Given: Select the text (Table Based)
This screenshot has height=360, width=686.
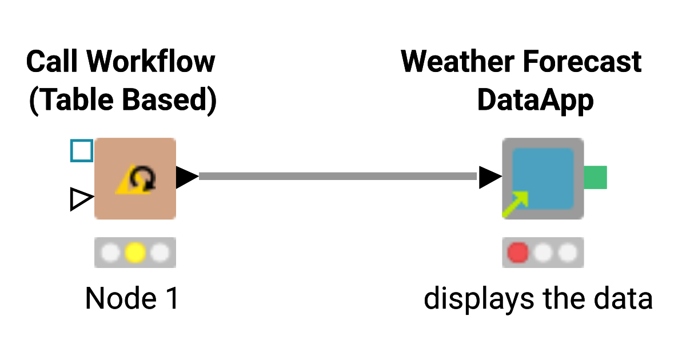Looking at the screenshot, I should tap(122, 101).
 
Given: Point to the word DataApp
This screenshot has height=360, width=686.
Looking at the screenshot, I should tap(535, 101).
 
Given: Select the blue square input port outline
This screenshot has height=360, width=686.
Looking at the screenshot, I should tap(82, 151).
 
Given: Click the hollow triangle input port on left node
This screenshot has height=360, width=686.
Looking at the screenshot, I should tap(81, 199).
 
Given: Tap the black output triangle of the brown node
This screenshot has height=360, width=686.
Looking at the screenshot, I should tap(186, 177).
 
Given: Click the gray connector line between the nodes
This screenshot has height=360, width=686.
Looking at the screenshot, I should tap(337, 177).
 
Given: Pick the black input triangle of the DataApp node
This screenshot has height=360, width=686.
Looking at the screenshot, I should tap(489, 177).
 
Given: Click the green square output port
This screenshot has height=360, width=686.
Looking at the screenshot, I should tap(596, 177).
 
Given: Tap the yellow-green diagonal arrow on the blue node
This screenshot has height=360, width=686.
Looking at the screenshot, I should tap(516, 203).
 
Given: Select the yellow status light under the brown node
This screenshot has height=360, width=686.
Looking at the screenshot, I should tap(135, 252).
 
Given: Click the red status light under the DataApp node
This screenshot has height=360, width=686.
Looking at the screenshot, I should tap(518, 252).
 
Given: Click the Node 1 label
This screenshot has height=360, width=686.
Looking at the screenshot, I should tap(132, 298).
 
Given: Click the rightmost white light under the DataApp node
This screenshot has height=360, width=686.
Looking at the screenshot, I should tap(567, 252).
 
